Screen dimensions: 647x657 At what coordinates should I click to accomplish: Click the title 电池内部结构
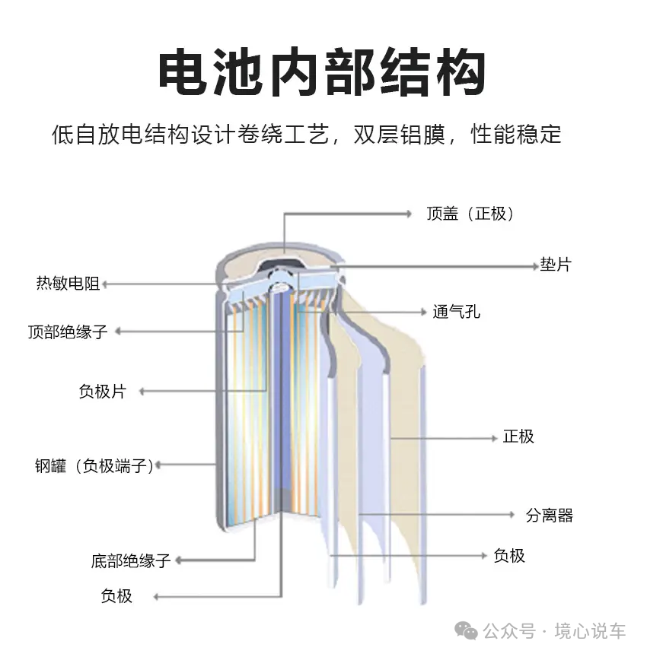322,72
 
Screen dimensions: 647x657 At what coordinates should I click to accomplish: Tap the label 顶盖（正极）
470,214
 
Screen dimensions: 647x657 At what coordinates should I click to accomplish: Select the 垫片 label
556,265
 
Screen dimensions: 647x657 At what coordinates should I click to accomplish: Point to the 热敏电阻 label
68,283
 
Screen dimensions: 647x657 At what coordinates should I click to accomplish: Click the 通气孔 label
456,312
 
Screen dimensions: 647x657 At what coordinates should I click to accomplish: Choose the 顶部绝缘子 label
68,332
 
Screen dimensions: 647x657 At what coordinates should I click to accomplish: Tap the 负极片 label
102,392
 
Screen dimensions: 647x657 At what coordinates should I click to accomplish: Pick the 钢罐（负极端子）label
94,465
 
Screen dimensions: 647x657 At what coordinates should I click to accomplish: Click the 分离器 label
550,515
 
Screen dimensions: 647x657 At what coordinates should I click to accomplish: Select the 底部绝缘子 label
130,560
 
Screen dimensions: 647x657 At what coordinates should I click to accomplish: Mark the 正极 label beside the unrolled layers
518,436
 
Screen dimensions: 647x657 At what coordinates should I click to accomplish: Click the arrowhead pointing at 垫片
535,266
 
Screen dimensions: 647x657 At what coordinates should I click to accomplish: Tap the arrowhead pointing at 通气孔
423,313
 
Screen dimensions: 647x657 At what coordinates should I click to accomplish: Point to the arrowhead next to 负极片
142,392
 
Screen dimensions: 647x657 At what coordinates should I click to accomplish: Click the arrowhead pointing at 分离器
512,515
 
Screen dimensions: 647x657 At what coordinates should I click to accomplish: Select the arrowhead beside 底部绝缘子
178,560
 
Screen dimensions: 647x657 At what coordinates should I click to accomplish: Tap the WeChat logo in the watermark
467,631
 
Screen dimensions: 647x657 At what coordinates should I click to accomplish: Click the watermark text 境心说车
590,631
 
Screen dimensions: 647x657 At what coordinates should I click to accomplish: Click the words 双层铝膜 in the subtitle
399,135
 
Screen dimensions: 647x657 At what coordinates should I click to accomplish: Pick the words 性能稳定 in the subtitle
516,135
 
